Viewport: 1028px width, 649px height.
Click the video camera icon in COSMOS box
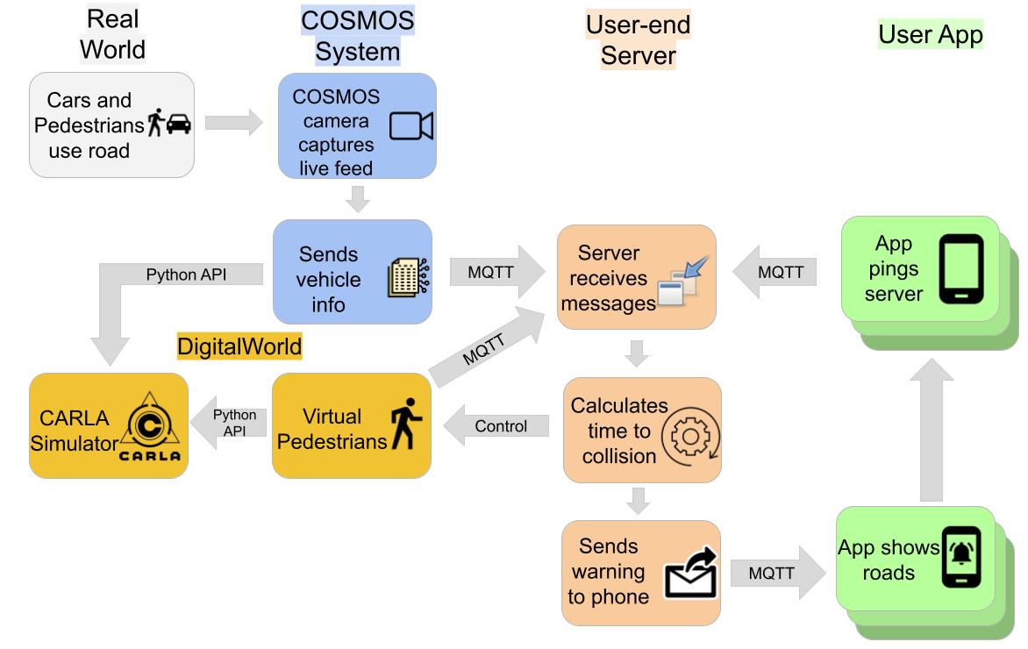(x=410, y=126)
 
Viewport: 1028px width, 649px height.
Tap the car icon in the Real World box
(x=178, y=125)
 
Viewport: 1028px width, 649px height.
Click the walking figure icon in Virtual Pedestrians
(x=406, y=424)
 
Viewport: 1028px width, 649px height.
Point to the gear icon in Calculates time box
(x=689, y=436)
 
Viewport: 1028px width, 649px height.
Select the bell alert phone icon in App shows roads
(x=962, y=556)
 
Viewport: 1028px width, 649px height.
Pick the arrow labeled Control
(x=496, y=427)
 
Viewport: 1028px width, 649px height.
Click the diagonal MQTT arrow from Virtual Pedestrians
(x=488, y=346)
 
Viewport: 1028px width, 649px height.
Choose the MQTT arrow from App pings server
(x=775, y=272)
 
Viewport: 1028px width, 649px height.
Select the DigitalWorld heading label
(x=239, y=346)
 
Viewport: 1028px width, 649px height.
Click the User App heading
(x=931, y=34)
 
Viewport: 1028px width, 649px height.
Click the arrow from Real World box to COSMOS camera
(x=233, y=123)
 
